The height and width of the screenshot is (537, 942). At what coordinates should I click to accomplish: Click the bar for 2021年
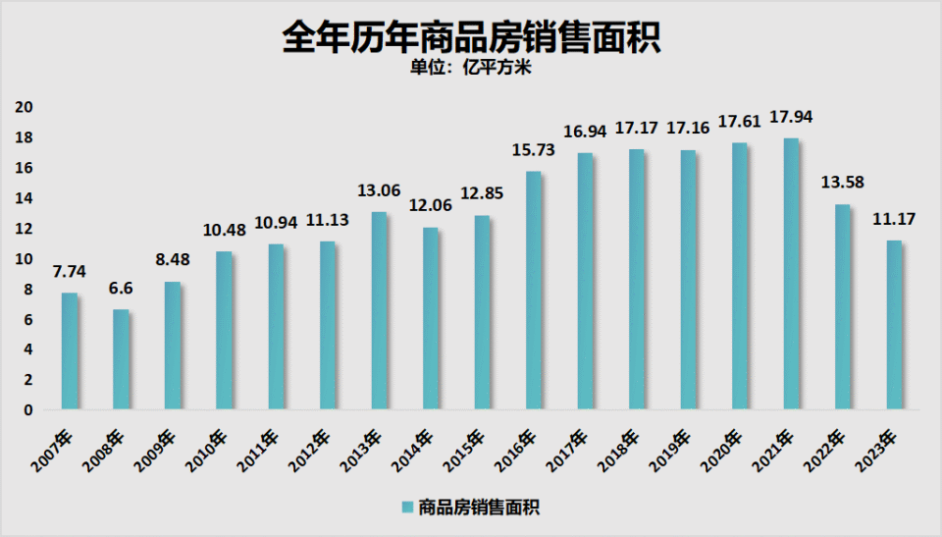click(791, 274)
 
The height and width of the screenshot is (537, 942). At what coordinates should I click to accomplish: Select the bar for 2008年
click(121, 359)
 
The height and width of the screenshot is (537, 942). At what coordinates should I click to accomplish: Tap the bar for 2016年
click(533, 291)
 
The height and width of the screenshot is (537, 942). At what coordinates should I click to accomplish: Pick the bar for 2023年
click(894, 325)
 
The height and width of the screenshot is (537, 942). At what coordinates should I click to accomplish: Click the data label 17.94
click(792, 117)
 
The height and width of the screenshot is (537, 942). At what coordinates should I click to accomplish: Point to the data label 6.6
click(122, 289)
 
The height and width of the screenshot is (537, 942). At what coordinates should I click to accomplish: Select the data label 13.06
click(379, 190)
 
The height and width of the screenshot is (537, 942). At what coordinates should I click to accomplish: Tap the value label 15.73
click(534, 150)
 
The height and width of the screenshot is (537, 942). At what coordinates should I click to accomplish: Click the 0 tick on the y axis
click(29, 410)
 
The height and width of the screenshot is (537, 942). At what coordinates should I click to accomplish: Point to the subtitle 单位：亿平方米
click(471, 70)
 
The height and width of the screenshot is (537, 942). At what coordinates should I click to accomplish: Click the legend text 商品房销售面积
click(481, 508)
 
